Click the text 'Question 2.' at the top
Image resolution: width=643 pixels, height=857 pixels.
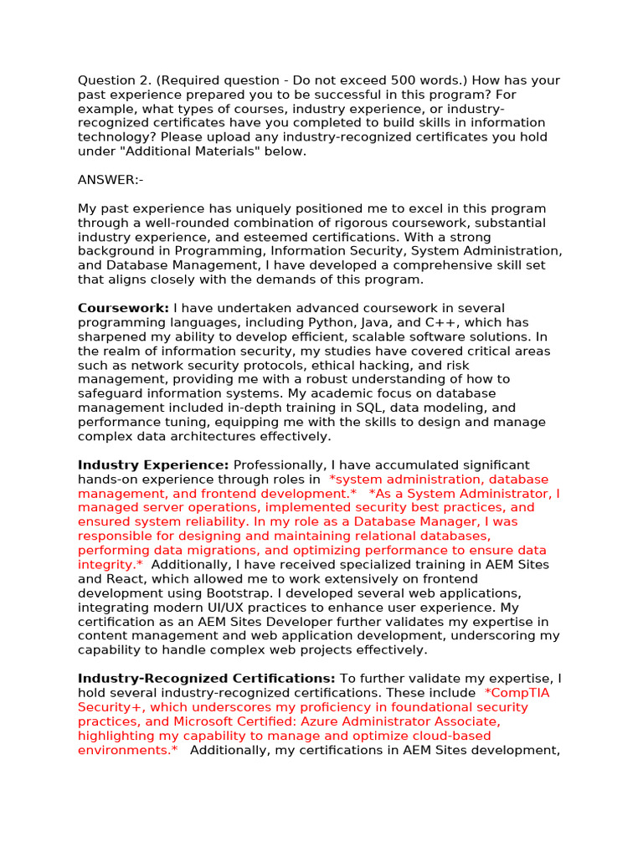113,80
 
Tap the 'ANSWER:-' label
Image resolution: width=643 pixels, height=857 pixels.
111,180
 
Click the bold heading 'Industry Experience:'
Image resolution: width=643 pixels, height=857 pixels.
153,464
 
